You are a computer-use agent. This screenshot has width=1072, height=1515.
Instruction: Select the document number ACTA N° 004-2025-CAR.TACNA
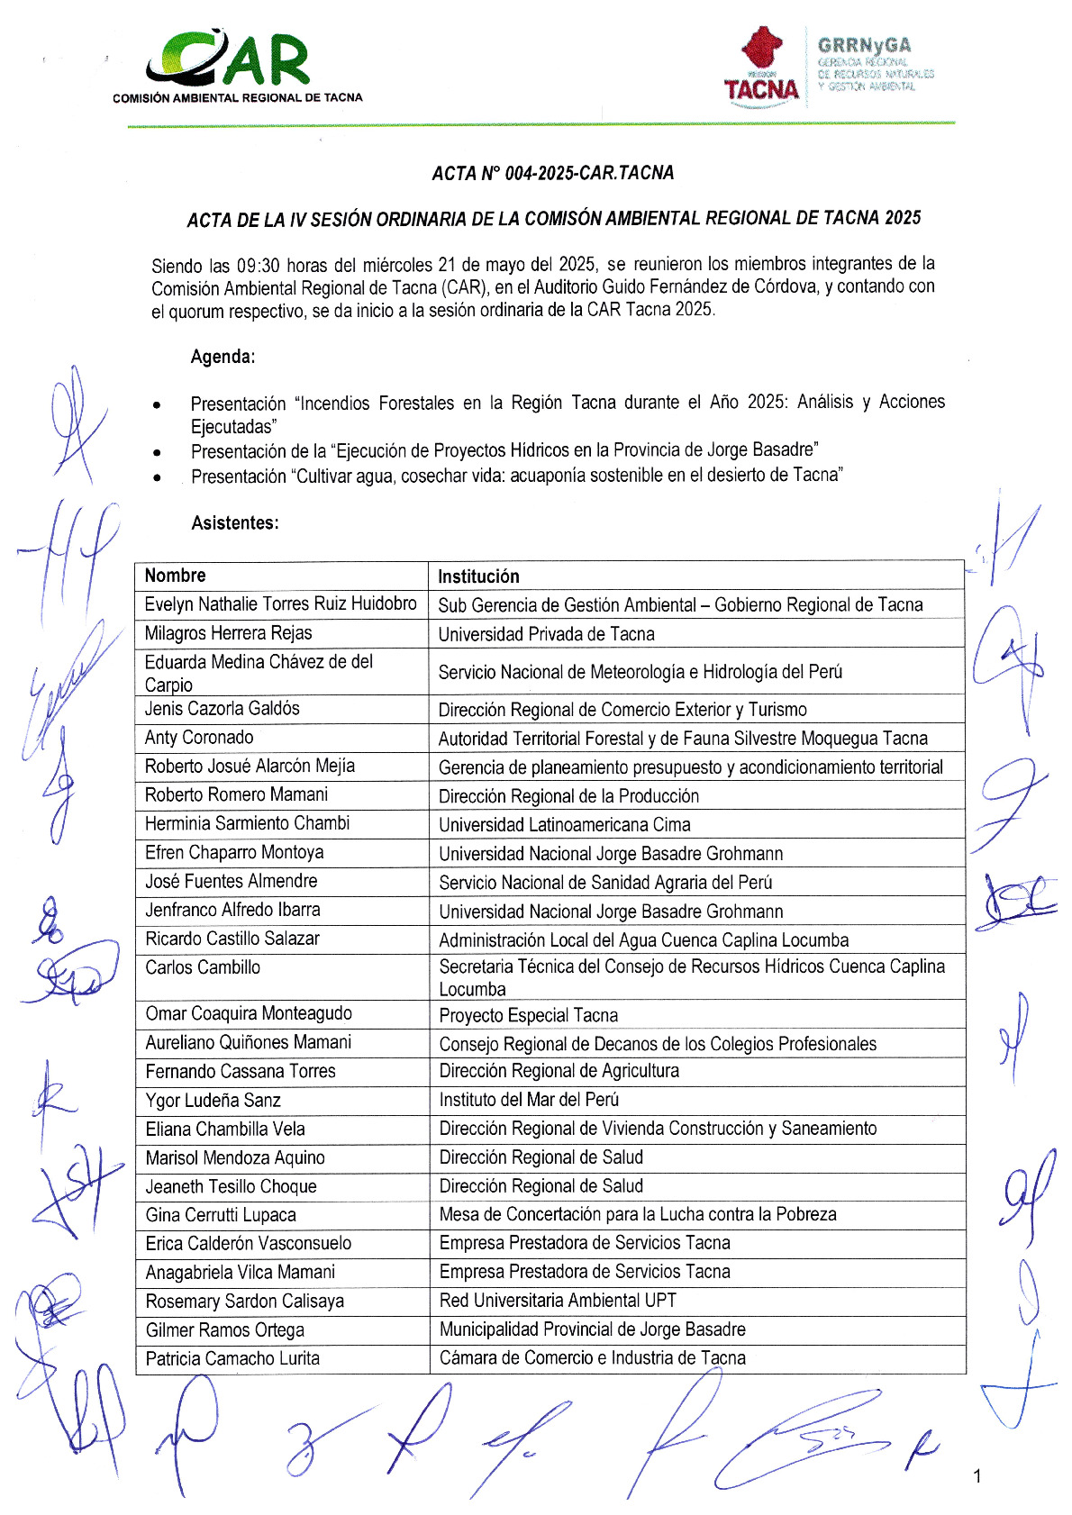552,173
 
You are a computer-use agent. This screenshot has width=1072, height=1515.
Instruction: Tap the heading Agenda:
223,357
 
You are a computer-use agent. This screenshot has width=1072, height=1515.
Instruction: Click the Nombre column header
175,576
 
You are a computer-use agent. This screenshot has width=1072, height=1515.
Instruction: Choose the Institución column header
478,576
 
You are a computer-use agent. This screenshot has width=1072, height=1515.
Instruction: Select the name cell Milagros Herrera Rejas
228,633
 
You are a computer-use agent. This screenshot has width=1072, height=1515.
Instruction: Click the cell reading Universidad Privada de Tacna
546,634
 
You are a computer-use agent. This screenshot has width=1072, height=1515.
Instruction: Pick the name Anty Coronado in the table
199,738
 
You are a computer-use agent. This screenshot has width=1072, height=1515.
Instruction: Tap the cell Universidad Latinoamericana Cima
564,824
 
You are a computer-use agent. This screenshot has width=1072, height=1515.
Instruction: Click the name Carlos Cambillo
203,967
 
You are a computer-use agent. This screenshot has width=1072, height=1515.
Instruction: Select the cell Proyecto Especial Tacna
528,1015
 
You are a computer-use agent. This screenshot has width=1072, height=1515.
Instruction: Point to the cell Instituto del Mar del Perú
529,1100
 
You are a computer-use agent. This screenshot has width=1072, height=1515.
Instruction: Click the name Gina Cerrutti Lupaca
221,1215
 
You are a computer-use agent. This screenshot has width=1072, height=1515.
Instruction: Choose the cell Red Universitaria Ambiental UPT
558,1301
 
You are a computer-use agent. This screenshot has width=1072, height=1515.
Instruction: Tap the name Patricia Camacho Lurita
232,1358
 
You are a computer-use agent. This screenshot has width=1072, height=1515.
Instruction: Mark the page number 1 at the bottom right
977,1475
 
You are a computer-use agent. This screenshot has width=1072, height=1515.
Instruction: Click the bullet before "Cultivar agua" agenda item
158,476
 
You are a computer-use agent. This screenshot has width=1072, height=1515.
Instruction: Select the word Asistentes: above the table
234,523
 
